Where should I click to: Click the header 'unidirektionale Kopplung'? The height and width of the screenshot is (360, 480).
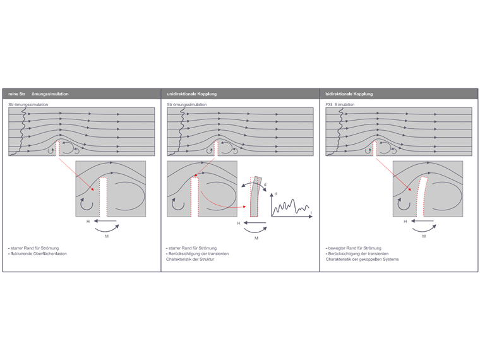pyautogui.click(x=191, y=94)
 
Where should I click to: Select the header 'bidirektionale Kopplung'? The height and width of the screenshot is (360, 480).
pyautogui.click(x=349, y=94)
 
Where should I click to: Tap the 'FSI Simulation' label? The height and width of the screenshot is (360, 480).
pyautogui.click(x=340, y=104)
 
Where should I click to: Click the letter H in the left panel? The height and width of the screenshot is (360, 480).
pyautogui.click(x=88, y=221)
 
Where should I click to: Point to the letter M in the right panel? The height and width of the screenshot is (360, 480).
pyautogui.click(x=424, y=236)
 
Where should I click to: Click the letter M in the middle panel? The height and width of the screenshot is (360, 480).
pyautogui.click(x=256, y=238)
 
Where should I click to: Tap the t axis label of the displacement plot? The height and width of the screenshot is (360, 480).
pyautogui.click(x=311, y=212)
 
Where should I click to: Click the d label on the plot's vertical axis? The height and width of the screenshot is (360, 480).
pyautogui.click(x=276, y=194)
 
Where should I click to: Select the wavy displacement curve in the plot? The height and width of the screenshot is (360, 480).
pyautogui.click(x=291, y=207)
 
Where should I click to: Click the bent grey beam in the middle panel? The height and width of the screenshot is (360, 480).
pyautogui.click(x=255, y=196)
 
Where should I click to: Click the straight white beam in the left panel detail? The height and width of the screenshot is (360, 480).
pyautogui.click(x=103, y=197)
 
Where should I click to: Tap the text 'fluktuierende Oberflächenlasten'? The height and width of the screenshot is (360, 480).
pyautogui.click(x=39, y=254)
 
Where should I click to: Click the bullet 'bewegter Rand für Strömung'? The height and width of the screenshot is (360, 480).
pyautogui.click(x=354, y=248)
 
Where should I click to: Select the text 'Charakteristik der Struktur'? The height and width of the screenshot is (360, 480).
pyautogui.click(x=190, y=260)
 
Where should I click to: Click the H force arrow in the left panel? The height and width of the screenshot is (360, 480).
pyautogui.click(x=105, y=221)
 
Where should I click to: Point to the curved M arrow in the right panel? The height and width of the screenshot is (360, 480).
pyautogui.click(x=424, y=229)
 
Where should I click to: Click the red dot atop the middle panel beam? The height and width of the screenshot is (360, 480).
pyautogui.click(x=196, y=176)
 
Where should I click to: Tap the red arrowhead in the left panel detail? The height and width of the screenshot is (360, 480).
pyautogui.click(x=92, y=189)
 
